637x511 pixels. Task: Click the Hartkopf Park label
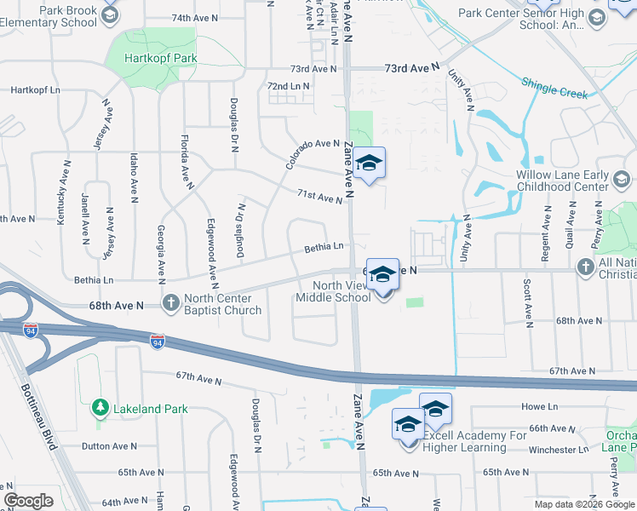click(x=161, y=58)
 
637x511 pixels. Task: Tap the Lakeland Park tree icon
click(x=100, y=409)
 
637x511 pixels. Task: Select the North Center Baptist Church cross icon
click(x=171, y=302)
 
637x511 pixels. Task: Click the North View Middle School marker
click(x=383, y=276)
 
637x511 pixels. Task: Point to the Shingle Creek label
click(x=554, y=88)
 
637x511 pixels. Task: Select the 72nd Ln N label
click(x=287, y=86)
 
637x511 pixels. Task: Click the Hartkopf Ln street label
click(x=36, y=89)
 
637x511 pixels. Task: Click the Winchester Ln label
click(x=558, y=450)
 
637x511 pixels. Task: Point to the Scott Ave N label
click(x=528, y=301)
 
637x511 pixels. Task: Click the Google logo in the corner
click(x=29, y=501)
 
